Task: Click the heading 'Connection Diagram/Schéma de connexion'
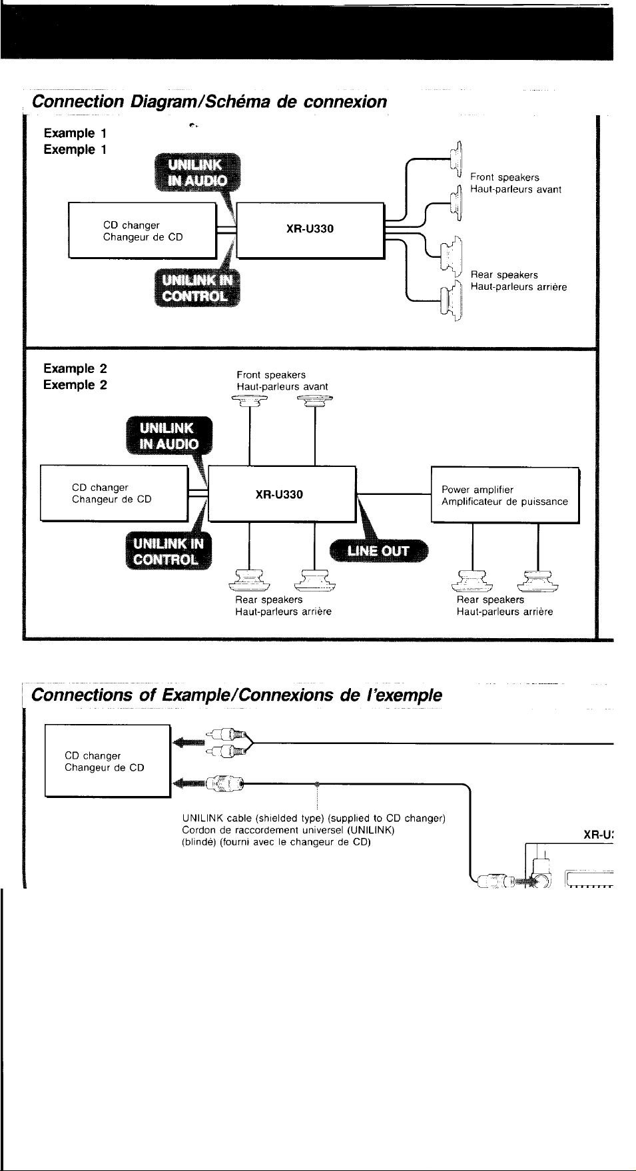click(x=209, y=102)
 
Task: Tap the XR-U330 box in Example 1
click(x=310, y=230)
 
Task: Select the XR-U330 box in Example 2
click(x=282, y=494)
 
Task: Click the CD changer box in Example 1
click(x=143, y=230)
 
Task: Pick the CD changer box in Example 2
click(x=115, y=494)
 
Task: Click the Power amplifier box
click(x=505, y=496)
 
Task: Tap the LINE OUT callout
click(x=379, y=551)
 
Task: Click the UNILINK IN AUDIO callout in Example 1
click(x=197, y=173)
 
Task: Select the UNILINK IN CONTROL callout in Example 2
click(x=168, y=552)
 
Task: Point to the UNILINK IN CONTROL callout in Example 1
click(x=197, y=288)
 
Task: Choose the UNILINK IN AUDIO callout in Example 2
click(x=169, y=436)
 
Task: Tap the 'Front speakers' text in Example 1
click(x=505, y=177)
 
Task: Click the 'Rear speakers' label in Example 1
click(x=504, y=274)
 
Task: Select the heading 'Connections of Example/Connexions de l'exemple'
click(x=236, y=695)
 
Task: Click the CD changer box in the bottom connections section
click(x=108, y=761)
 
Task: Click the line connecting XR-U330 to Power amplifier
click(x=394, y=494)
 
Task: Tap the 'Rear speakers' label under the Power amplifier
click(x=490, y=599)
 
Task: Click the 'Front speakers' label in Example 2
click(x=271, y=375)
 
